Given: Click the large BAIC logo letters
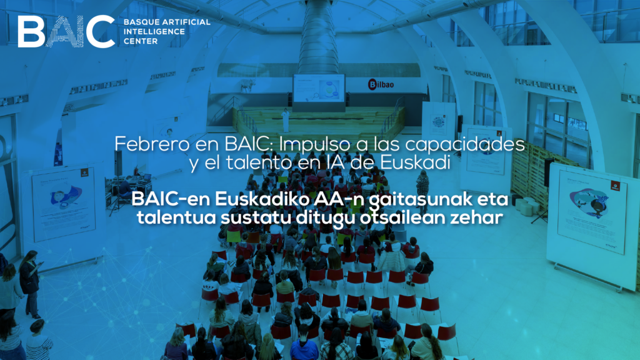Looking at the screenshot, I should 66,31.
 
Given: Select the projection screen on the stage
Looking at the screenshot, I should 319,87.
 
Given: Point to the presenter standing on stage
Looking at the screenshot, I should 286,119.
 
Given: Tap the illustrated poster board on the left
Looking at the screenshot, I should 64,203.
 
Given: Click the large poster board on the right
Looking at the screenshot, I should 591,212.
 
